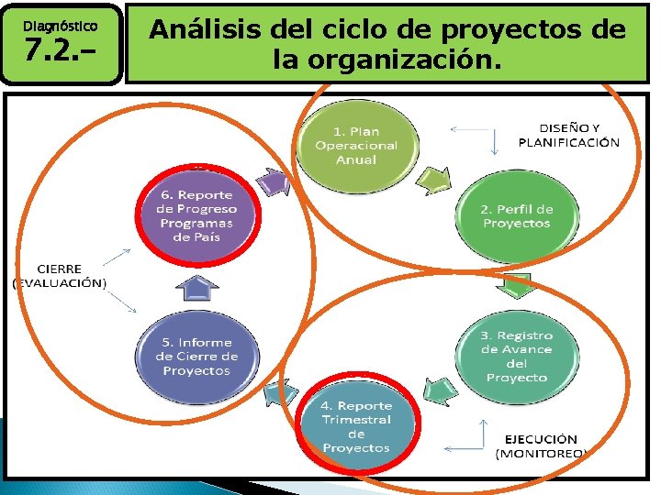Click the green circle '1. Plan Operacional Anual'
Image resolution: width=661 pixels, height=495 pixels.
click(x=356, y=145)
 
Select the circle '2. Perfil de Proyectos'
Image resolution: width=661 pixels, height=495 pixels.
click(x=516, y=216)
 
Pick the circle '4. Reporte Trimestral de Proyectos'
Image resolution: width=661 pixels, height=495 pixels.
click(x=356, y=426)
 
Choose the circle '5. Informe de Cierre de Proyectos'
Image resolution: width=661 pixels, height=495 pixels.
click(x=196, y=357)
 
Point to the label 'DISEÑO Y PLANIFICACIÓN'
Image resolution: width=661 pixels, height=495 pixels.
click(x=568, y=135)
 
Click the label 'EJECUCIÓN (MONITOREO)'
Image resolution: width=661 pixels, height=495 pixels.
click(x=543, y=445)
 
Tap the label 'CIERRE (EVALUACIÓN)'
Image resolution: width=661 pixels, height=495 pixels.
click(x=60, y=276)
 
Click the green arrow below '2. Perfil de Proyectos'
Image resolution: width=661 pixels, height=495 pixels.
click(x=518, y=286)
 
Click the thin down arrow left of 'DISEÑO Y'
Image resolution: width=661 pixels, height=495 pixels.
click(x=496, y=140)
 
